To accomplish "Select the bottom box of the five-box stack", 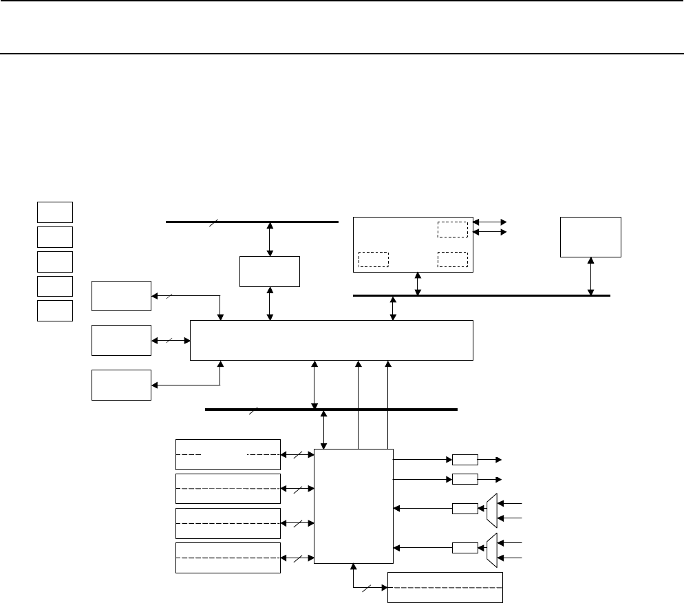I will (x=55, y=310).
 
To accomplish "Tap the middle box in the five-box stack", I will (x=55, y=261).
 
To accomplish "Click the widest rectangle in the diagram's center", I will (x=331, y=340).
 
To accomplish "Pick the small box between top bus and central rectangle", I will (x=269, y=271).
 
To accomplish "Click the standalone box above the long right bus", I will (x=590, y=237).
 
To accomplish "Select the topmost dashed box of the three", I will (x=452, y=229).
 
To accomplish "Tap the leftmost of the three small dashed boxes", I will (x=374, y=259).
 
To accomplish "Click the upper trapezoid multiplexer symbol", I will (x=491, y=509).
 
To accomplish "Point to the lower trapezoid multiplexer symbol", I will (x=491, y=549).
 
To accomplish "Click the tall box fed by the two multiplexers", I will (x=353, y=505).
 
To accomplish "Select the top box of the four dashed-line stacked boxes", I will (x=228, y=454).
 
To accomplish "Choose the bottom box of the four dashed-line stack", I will (x=228, y=558).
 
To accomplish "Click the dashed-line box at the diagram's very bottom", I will (x=445, y=586).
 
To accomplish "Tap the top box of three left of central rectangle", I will (x=121, y=296).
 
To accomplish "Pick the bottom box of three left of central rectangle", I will (x=121, y=385).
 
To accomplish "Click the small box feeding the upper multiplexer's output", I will (x=464, y=509).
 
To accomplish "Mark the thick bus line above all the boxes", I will (x=253, y=222).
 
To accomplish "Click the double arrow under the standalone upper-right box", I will (x=591, y=276).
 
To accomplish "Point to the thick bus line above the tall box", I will (x=331, y=409).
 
